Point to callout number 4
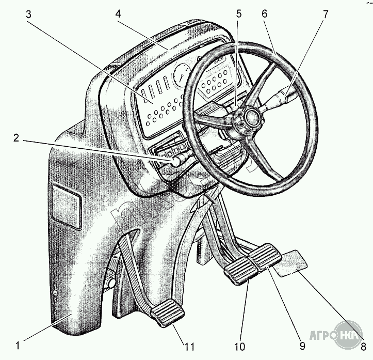click(x=118, y=14)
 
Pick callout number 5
click(x=238, y=14)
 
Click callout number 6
click(x=264, y=14)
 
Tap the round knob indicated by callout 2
click(x=177, y=162)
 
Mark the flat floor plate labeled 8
click(x=290, y=262)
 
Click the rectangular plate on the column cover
click(x=67, y=204)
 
